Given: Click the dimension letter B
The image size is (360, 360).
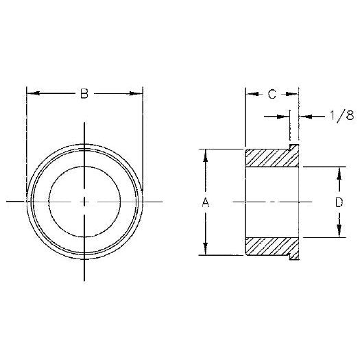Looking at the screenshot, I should coord(84,95).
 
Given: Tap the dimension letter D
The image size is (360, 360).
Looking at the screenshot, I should coord(337,202).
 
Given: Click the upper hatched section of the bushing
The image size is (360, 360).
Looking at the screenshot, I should coord(272,157).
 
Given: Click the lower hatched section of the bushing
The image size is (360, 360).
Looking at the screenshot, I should coord(272,246).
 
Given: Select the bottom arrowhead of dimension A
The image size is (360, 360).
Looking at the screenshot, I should coord(204,251).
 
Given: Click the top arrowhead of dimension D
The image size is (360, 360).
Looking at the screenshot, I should coord(337,170).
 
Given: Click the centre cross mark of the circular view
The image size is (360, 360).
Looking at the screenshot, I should coord(84,202).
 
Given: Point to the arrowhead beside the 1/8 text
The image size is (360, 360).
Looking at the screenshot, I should coord(304,117).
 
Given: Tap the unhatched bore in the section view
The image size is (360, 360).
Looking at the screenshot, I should coord(272,202).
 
